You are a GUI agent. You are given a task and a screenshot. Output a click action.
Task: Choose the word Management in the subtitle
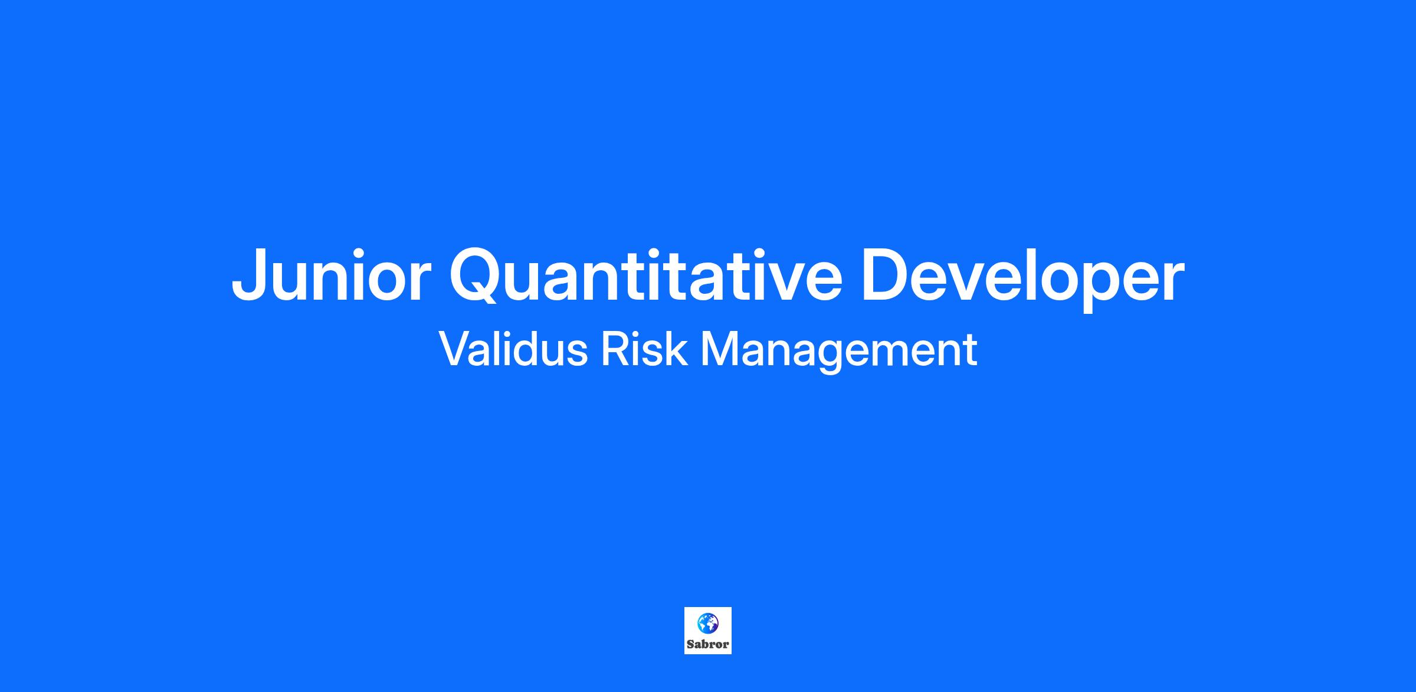[x=838, y=352]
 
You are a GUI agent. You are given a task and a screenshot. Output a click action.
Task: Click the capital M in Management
[x=720, y=349]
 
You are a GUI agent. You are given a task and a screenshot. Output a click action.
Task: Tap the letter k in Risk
[x=676, y=349]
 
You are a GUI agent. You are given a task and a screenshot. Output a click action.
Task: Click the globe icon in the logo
[x=708, y=622]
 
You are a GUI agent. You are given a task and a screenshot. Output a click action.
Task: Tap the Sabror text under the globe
[x=708, y=644]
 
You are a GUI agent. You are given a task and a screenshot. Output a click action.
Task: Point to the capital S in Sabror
[x=691, y=644]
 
